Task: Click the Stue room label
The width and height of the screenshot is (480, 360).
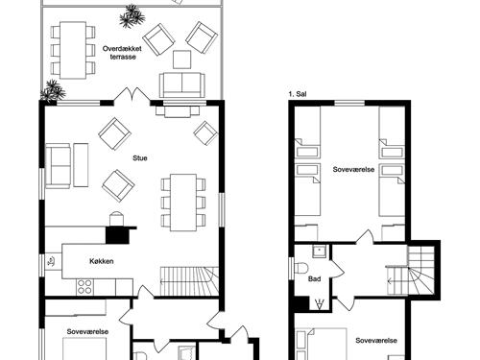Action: point(140,158)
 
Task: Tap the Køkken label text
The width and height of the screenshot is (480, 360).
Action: point(102,261)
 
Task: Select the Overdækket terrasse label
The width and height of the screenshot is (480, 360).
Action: point(122,53)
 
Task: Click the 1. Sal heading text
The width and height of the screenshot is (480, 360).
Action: point(298,94)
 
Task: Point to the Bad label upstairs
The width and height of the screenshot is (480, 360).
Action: point(314,279)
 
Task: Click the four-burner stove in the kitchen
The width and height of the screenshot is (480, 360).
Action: point(84,287)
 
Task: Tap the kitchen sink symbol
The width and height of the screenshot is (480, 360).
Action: point(52,261)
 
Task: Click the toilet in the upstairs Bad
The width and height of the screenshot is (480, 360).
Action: point(300,267)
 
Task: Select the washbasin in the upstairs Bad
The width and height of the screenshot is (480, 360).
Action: point(319,252)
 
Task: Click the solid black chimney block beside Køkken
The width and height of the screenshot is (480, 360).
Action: point(117,235)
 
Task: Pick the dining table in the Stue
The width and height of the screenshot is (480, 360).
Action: point(183,203)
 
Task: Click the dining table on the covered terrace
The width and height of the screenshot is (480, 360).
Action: point(73,50)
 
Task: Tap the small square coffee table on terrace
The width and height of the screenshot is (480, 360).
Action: point(182,60)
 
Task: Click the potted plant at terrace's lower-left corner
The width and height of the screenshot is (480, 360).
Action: point(53,90)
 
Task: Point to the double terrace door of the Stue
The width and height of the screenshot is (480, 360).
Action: point(132,95)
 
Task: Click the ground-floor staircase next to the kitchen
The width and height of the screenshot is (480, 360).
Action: point(189,281)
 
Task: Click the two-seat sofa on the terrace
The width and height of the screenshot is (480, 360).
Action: point(182,84)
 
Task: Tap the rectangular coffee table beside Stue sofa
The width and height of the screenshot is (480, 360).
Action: point(81,165)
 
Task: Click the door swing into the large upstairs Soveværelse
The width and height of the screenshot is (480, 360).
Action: point(365,238)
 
